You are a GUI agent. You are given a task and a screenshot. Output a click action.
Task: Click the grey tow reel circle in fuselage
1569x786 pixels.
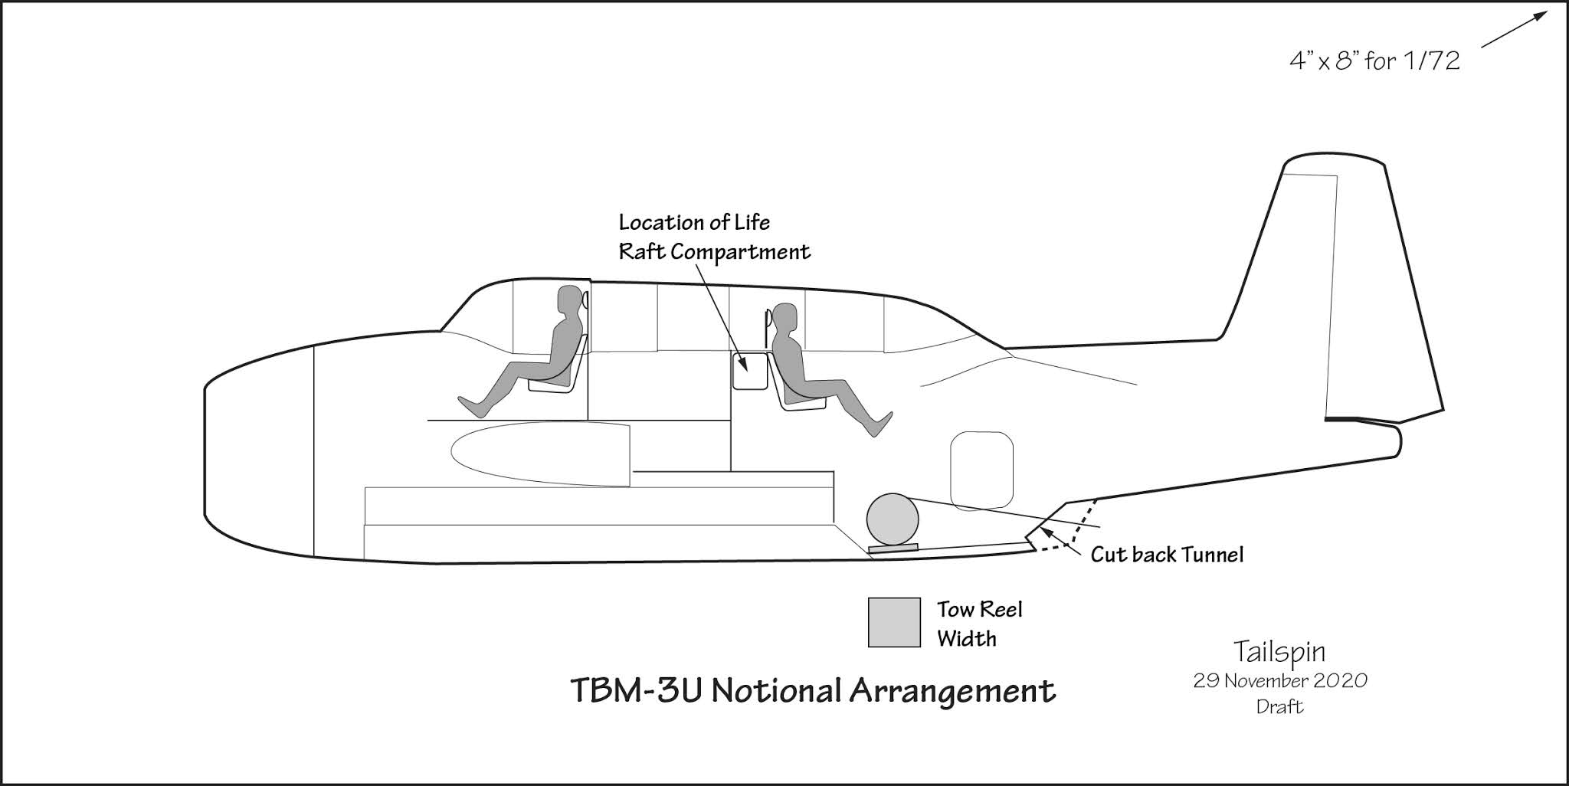(893, 519)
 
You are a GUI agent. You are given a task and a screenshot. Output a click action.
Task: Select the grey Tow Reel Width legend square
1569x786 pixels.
(894, 622)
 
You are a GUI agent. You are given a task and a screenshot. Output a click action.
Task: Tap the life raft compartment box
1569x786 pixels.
(750, 372)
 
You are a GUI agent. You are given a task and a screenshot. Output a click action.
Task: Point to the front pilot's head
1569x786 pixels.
(569, 300)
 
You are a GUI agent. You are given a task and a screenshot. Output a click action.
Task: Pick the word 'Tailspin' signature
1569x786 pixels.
(1279, 652)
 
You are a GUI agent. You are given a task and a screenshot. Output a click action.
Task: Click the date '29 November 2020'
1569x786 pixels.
(1279, 681)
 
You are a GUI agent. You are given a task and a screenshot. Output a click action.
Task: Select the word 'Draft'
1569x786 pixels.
(1279, 706)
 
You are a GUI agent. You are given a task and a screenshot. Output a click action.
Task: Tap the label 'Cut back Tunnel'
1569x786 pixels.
(1167, 555)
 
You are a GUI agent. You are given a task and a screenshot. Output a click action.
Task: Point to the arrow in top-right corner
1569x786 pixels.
(1513, 30)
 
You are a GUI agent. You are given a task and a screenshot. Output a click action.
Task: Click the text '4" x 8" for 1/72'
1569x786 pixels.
(1374, 61)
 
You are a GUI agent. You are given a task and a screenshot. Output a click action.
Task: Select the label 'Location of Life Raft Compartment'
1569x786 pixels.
(713, 237)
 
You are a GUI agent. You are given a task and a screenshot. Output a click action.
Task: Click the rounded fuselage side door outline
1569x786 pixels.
(981, 470)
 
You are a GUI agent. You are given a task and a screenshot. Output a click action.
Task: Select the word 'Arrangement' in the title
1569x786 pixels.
(952, 690)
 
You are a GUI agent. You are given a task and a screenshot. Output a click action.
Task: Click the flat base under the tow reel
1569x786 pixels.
(893, 548)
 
